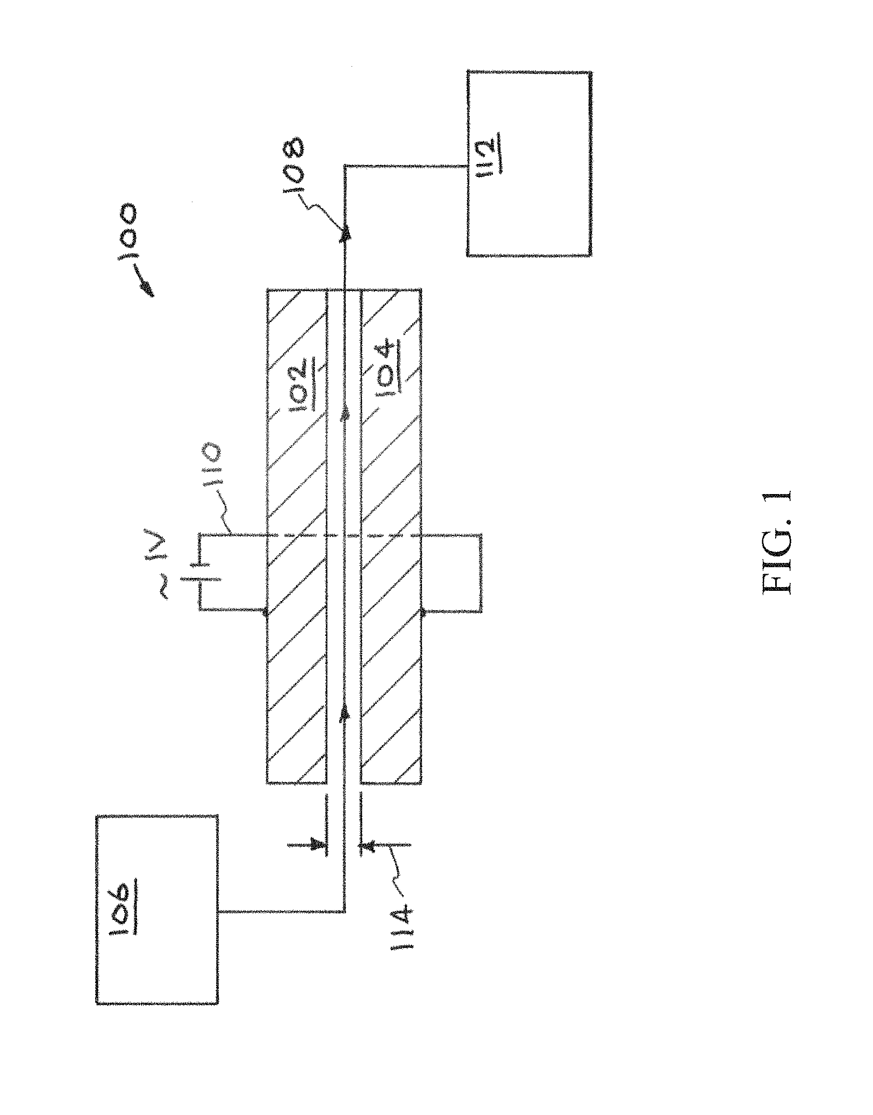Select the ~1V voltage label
[x=174, y=564]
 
